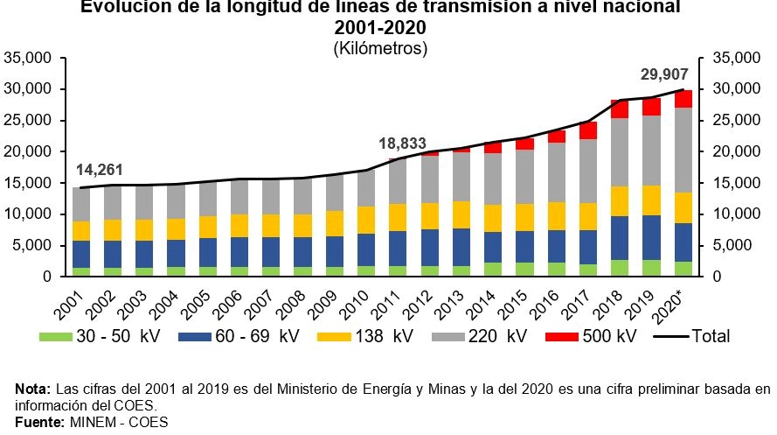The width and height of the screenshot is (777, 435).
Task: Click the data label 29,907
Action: point(663,74)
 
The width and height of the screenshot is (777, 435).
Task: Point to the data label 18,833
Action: point(403,143)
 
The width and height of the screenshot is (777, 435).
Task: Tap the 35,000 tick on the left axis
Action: point(29,59)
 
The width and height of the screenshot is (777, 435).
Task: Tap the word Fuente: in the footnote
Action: point(39,422)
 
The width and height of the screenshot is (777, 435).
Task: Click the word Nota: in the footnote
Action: point(33,389)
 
